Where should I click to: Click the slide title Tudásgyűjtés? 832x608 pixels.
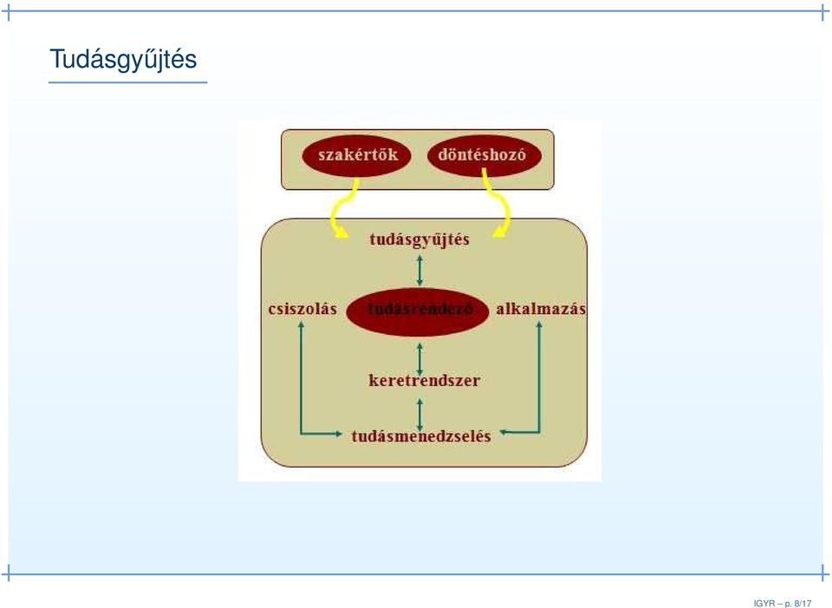point(123,60)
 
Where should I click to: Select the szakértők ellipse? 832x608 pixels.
point(356,155)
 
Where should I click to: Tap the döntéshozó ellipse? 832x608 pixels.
point(484,154)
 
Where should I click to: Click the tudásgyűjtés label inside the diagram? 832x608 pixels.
point(419,240)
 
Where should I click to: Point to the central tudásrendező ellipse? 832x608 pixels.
point(417,311)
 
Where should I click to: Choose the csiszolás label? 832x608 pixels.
point(302,309)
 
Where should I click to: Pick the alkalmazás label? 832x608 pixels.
point(541,309)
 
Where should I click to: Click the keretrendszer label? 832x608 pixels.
point(425,380)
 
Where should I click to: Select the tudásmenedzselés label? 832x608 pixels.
point(421,436)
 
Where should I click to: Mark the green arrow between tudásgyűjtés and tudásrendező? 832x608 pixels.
point(419,271)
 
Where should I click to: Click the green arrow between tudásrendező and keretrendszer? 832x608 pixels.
point(419,359)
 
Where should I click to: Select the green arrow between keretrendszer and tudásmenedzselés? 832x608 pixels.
point(419,415)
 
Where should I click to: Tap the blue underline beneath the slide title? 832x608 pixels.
point(128,82)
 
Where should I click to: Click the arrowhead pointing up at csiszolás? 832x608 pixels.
point(301,324)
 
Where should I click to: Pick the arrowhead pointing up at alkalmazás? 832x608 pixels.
point(539,324)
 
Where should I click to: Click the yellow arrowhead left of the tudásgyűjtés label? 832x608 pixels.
point(342,233)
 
